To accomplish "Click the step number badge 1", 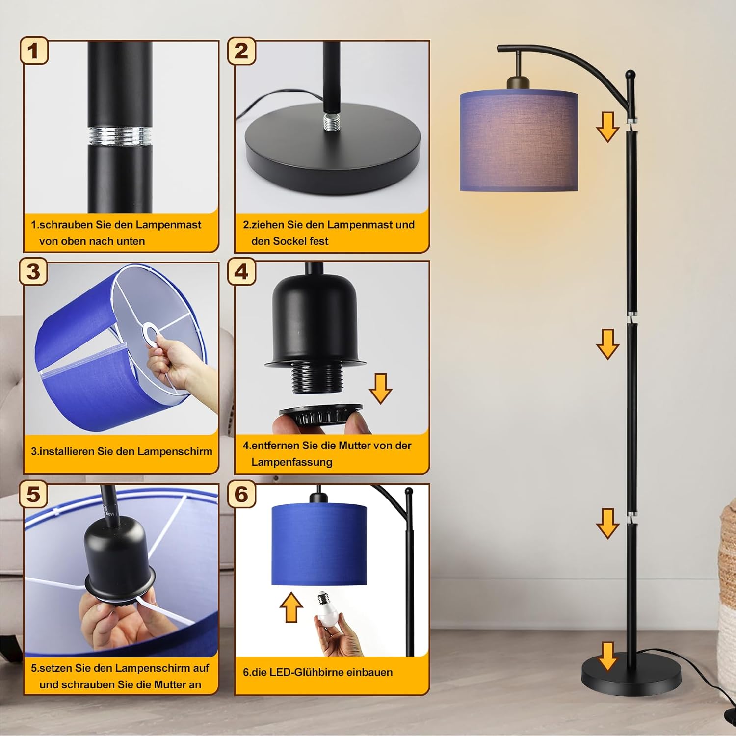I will [34, 51].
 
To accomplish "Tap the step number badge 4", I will [241, 271].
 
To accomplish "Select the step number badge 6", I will [241, 494].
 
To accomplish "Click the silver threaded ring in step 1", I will [120, 135].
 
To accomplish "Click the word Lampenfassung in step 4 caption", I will [291, 462].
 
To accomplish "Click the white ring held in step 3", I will [150, 335].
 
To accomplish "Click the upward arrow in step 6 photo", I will [291, 607].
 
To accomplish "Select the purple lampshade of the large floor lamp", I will [519, 140].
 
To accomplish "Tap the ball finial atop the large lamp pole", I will [630, 75].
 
